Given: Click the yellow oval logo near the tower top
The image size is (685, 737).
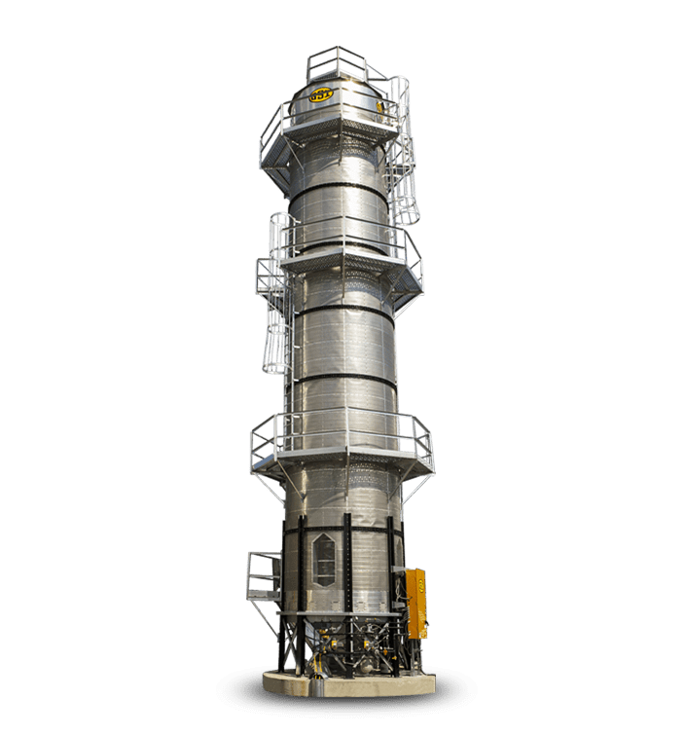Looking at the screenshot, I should (321, 95).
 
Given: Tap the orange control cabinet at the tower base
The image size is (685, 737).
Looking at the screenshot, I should (415, 603).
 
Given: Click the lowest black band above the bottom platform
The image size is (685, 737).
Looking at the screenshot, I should (342, 380).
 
